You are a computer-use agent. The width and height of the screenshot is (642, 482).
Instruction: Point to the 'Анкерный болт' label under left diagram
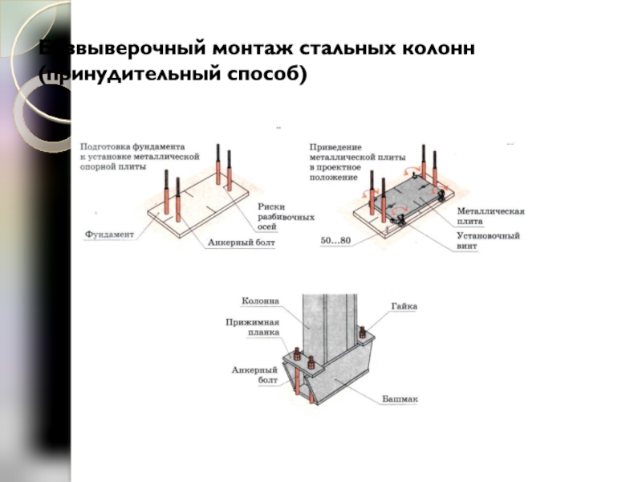tap(241, 241)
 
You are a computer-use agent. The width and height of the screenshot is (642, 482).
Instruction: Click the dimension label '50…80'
tap(336, 240)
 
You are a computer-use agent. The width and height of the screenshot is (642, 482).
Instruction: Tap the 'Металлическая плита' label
tap(490, 215)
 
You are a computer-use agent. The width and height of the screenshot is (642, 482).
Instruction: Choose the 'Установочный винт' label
tap(488, 241)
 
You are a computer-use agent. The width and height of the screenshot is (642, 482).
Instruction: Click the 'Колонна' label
tap(260, 301)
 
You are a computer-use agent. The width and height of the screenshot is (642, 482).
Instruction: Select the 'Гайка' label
tap(404, 306)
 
